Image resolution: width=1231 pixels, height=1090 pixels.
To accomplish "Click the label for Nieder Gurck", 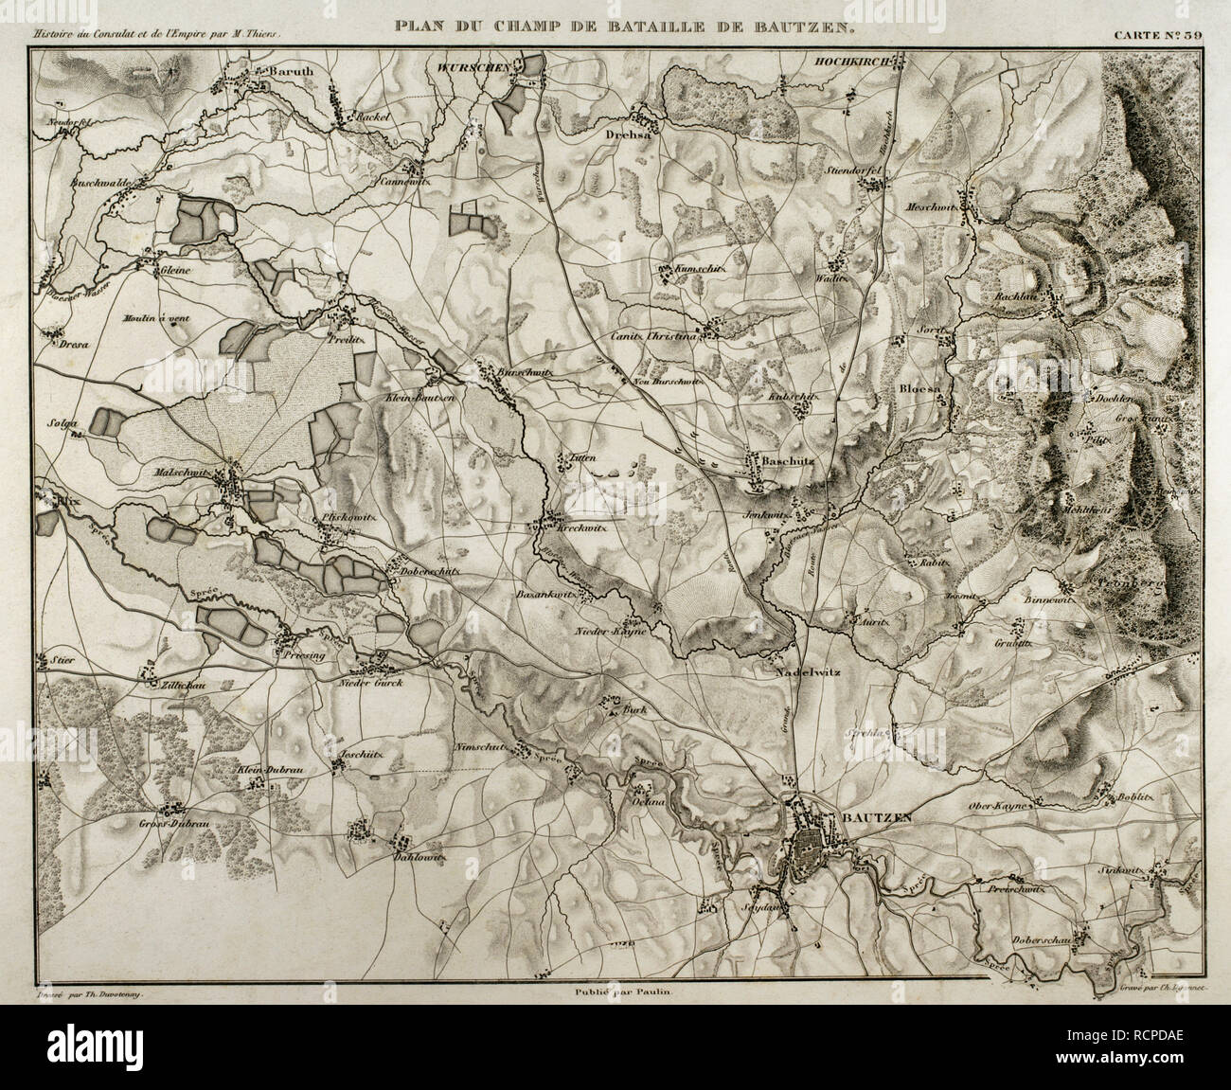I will [x=371, y=682].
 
